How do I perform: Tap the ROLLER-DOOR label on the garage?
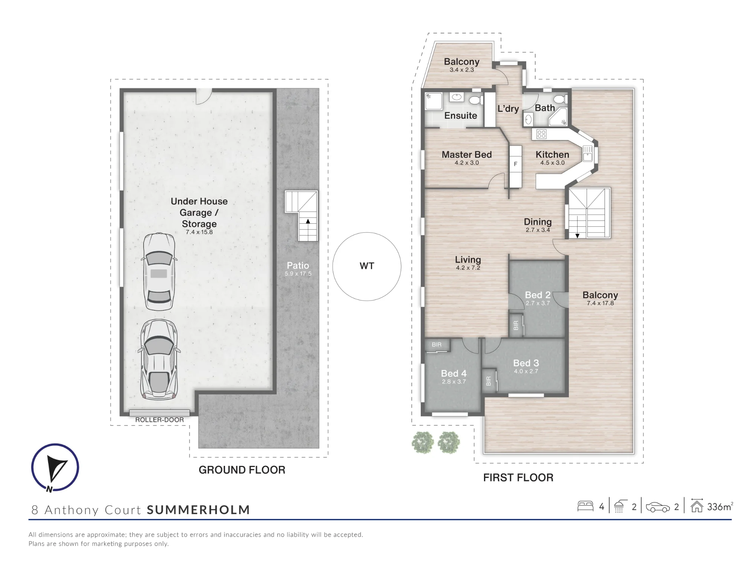coord(159,420)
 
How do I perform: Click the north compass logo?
coord(55,467)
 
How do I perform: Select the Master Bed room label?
coord(467,154)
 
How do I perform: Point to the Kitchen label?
coord(552,154)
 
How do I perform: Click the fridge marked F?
coord(516,166)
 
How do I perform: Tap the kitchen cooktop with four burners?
coord(541,134)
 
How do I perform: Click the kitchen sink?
coord(588,154)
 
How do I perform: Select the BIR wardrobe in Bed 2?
coord(516,325)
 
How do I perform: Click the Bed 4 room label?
coord(454,373)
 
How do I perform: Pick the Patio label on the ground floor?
coord(298,265)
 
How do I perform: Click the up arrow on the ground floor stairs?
coord(308,221)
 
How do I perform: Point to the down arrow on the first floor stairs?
coord(577,236)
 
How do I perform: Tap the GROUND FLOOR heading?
coord(242,470)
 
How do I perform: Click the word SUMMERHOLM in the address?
coord(198,510)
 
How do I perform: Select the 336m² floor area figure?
coord(720,507)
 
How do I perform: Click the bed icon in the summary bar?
coord(585,506)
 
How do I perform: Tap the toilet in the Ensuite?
coord(475,100)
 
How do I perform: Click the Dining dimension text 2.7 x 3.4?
coord(538,230)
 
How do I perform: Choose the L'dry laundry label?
coord(508,109)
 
